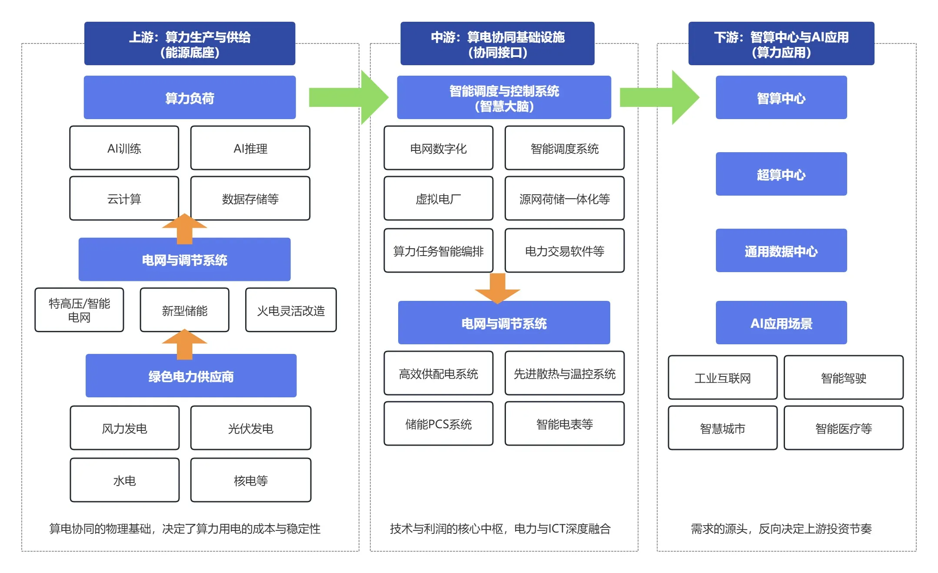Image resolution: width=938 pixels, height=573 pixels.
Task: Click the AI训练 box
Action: [124, 148]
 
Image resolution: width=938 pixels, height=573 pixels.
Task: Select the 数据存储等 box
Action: [250, 199]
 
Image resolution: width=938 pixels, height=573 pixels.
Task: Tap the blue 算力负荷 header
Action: [190, 98]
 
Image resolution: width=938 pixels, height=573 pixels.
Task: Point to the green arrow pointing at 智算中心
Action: [659, 97]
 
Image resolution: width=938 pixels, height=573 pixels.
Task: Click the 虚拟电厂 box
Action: [438, 199]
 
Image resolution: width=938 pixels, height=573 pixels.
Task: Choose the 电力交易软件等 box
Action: [564, 251]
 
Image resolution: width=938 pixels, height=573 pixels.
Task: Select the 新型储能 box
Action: [184, 310]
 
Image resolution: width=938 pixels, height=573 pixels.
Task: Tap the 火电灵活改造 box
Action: [291, 310]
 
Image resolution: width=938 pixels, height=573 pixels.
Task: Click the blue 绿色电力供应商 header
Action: [191, 376]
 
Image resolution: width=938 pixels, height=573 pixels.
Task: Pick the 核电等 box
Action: [250, 480]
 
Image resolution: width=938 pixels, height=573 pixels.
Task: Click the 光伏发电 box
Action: [250, 428]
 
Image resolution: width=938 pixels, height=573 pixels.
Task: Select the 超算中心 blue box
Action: [781, 174]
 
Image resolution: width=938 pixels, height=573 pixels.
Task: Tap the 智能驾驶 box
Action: [843, 378]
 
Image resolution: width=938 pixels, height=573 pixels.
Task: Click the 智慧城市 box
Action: [722, 428]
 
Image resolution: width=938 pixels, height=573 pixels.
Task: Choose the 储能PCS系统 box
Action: [438, 424]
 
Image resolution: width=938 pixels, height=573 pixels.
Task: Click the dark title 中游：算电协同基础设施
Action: [497, 44]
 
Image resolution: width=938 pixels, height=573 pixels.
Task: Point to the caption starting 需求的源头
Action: [781, 528]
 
